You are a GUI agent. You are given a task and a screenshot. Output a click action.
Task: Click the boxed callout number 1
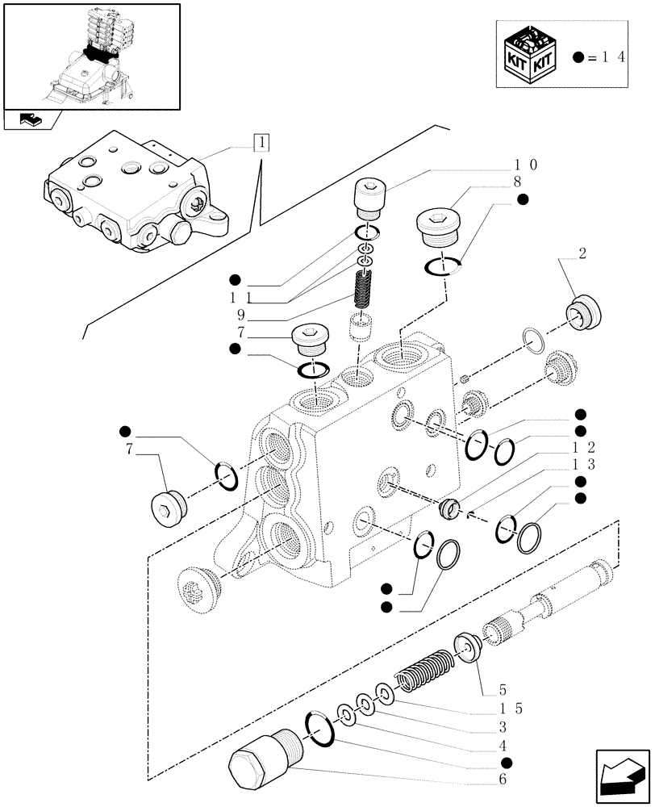pos(261,144)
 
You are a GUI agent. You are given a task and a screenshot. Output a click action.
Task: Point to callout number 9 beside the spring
pos(240,316)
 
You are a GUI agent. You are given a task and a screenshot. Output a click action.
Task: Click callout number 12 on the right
pos(585,446)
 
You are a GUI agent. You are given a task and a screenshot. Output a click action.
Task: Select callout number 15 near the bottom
pos(510,709)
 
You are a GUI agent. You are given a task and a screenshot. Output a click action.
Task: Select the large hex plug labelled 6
pos(261,756)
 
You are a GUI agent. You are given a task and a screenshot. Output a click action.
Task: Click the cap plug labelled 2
pos(582,312)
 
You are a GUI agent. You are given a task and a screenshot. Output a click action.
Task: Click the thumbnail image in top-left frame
pos(90,56)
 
